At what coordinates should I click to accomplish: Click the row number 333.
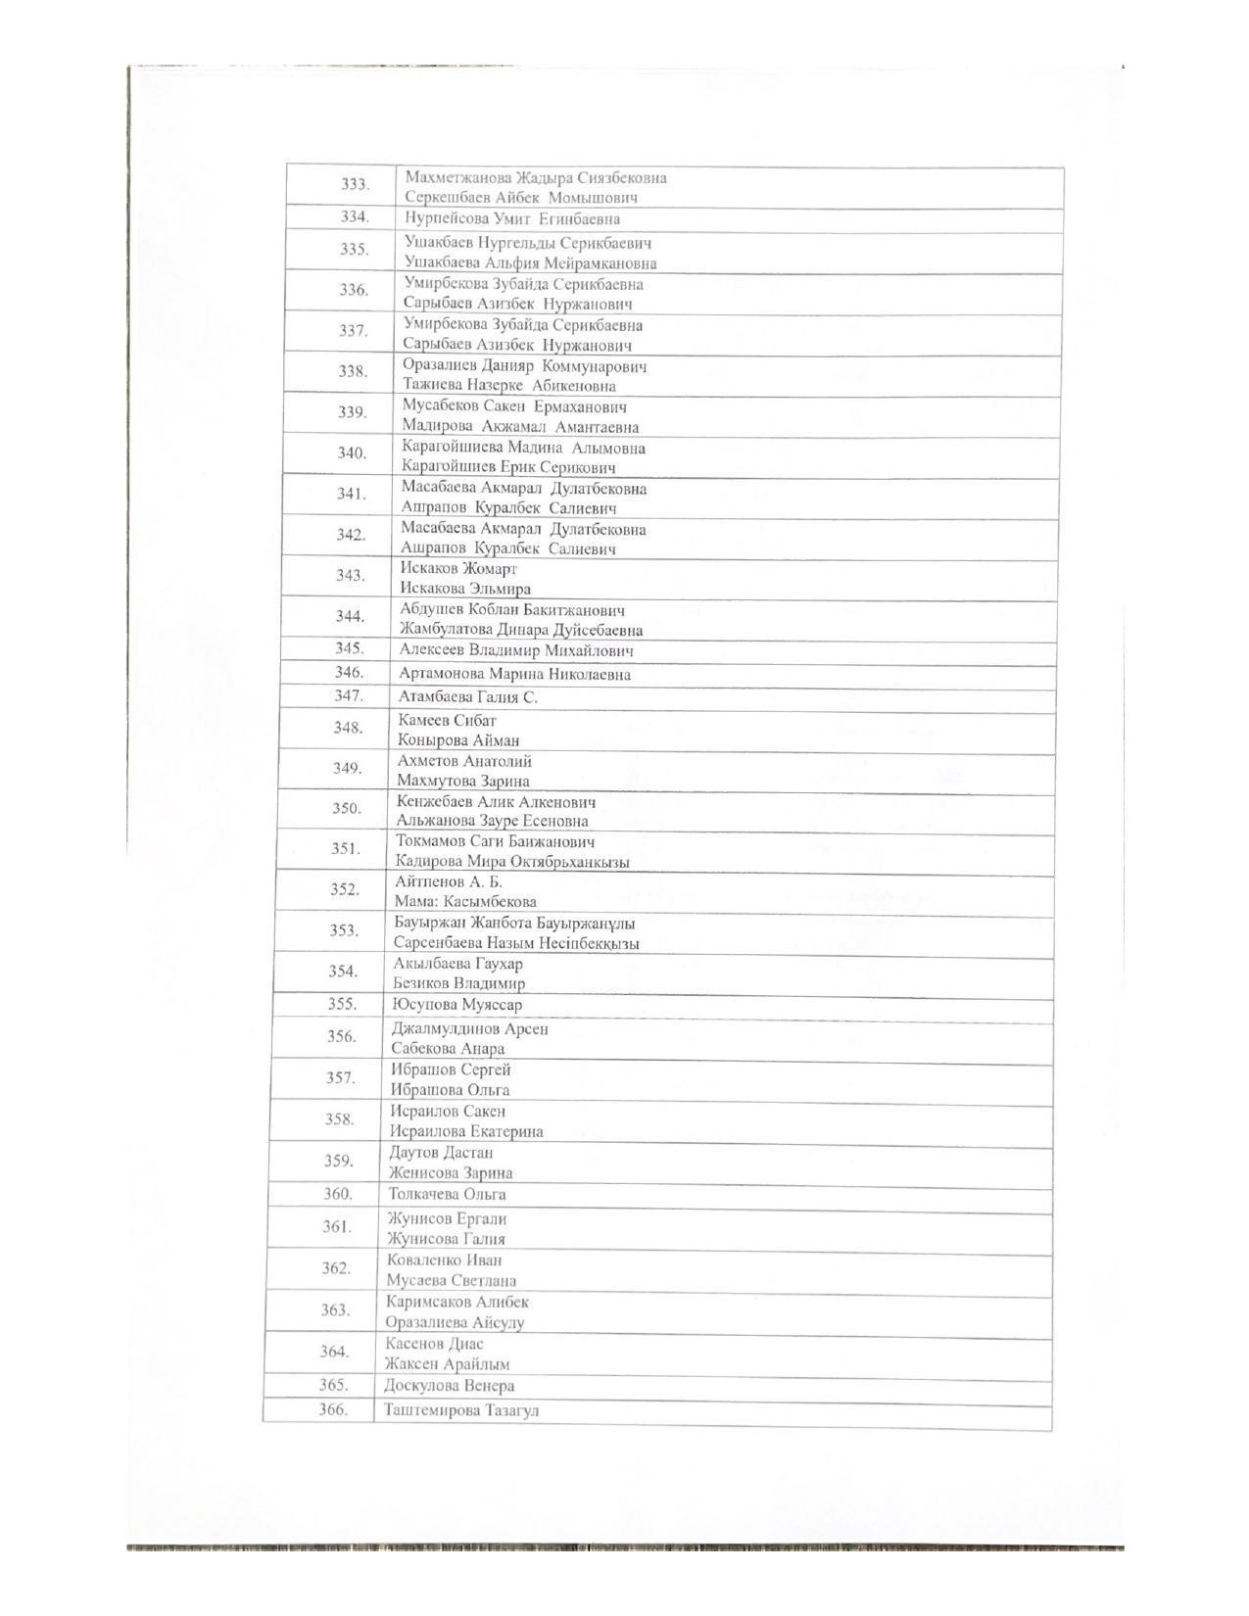click(355, 184)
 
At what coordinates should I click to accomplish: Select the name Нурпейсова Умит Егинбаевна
click(512, 218)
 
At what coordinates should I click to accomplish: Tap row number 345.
click(350, 648)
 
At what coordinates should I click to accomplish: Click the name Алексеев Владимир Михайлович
click(516, 650)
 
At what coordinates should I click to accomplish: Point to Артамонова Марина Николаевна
click(514, 674)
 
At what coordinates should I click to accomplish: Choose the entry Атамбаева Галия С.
click(468, 697)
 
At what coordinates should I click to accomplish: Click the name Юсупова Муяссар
click(456, 1004)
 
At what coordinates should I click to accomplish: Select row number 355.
click(343, 1004)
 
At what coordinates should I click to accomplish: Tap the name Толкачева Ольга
click(447, 1194)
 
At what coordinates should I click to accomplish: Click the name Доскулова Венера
click(449, 1386)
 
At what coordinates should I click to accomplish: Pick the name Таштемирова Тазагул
click(461, 1411)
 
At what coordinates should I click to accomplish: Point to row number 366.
click(333, 1410)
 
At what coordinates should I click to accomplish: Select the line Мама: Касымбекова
click(465, 901)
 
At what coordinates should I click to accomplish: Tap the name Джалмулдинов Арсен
click(470, 1028)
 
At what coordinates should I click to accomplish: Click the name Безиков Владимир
click(458, 983)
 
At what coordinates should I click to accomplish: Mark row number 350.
click(347, 808)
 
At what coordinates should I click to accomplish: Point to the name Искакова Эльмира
click(465, 589)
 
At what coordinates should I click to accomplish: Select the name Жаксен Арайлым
click(448, 1363)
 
